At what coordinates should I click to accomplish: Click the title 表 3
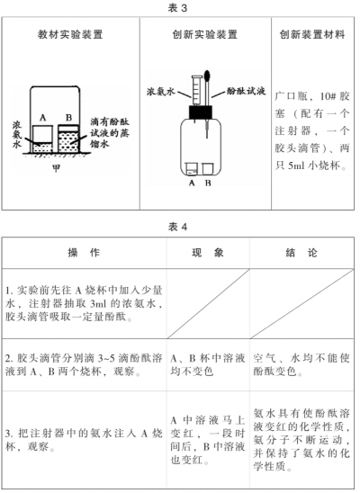[177, 8]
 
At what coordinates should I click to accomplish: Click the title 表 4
[177, 227]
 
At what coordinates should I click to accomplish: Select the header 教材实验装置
[70, 34]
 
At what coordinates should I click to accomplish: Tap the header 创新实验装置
[204, 34]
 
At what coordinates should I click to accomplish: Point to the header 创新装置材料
[312, 34]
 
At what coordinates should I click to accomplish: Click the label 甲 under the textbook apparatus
[57, 168]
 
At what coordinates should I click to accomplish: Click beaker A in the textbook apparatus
[42, 139]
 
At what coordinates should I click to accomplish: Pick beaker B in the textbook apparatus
[68, 139]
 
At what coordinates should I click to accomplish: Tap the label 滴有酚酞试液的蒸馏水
[110, 132]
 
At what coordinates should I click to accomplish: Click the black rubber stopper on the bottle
[201, 112]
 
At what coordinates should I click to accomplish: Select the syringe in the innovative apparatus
[196, 91]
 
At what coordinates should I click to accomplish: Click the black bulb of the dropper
[208, 76]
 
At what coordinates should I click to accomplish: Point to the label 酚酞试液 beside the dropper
[247, 91]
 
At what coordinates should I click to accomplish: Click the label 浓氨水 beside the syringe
[160, 92]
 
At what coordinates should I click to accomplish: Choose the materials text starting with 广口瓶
[312, 130]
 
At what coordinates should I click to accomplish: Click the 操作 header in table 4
[84, 253]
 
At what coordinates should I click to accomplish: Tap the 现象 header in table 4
[208, 253]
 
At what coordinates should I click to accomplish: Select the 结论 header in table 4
[301, 253]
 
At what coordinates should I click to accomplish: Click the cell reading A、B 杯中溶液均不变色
[208, 364]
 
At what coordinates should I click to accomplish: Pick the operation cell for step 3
[84, 440]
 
